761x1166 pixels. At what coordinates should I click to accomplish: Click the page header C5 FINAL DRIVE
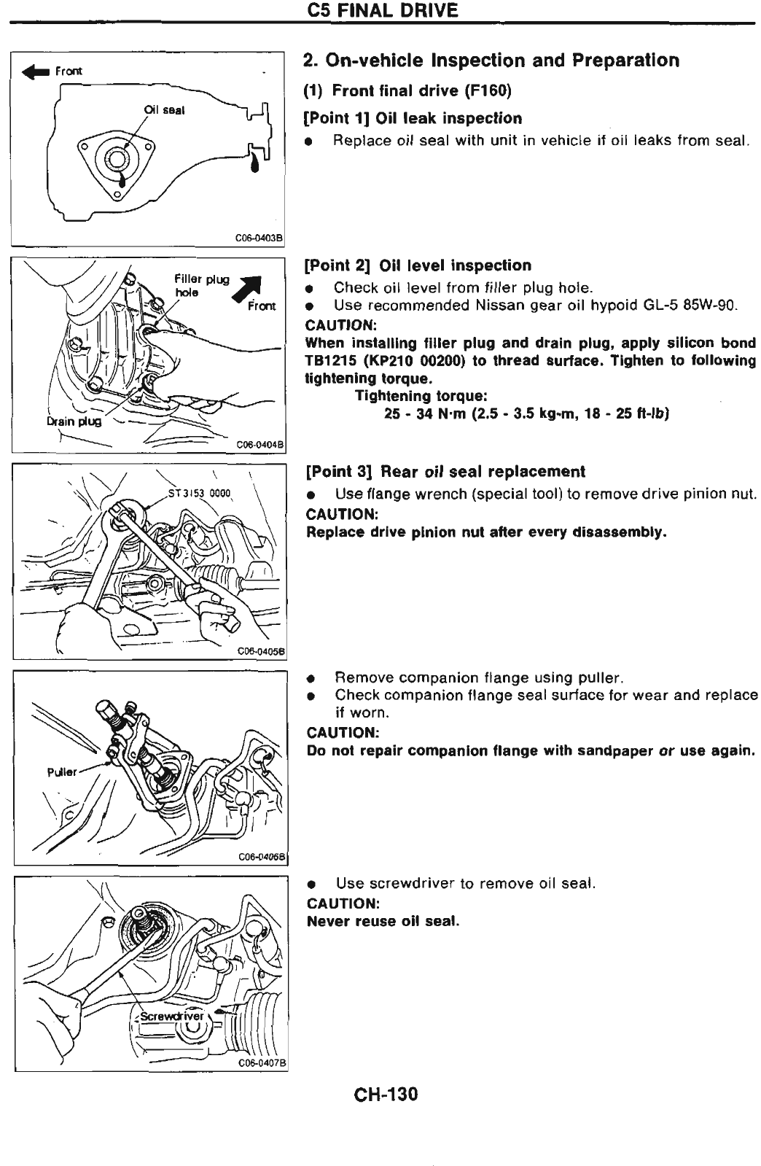click(x=383, y=11)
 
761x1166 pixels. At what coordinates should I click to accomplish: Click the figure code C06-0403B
click(x=259, y=237)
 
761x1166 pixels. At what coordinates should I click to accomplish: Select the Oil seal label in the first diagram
click(x=164, y=110)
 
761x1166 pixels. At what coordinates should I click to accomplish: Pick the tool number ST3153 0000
click(x=199, y=492)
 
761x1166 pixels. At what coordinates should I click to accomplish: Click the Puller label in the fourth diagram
click(x=62, y=772)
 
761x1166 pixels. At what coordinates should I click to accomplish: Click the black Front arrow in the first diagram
click(x=36, y=71)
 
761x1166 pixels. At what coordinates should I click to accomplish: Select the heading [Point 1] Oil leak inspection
click(x=413, y=118)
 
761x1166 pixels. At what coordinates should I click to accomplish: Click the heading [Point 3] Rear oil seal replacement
click(x=445, y=471)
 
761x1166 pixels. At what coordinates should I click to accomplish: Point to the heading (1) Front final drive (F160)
click(x=407, y=90)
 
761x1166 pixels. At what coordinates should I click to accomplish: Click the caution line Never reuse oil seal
click(x=383, y=921)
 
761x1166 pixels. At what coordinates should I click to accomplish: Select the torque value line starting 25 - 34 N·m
click(x=526, y=414)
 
